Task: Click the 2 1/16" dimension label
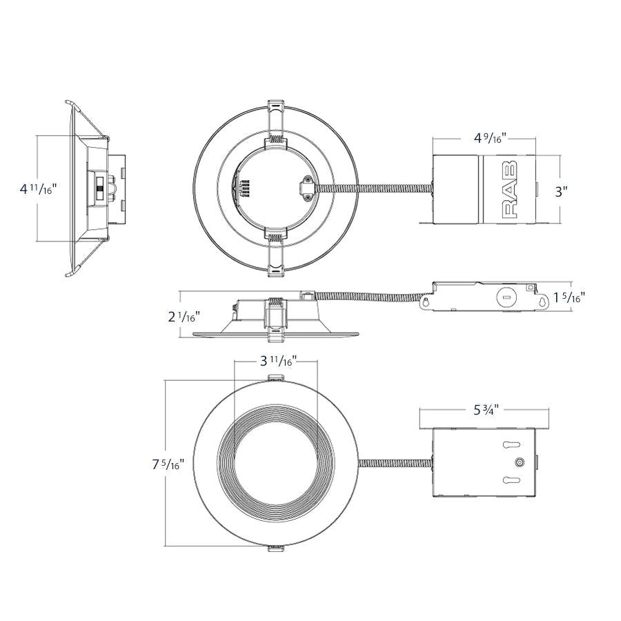pyautogui.click(x=183, y=317)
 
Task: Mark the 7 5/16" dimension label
pyautogui.click(x=168, y=464)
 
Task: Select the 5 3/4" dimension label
pyautogui.click(x=486, y=410)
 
